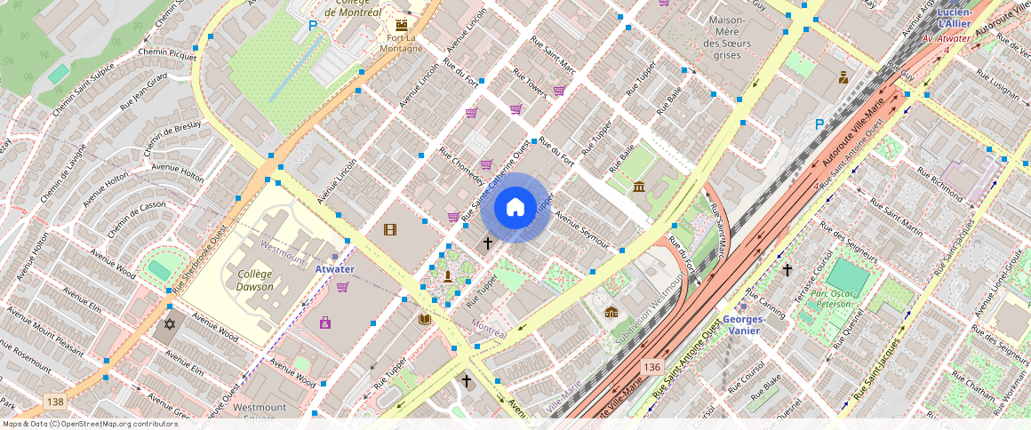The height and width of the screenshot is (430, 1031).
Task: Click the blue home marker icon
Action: pos(515,208)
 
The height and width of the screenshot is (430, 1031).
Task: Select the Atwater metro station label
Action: pos(334,269)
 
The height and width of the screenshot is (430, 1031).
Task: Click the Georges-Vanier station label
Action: pos(744,324)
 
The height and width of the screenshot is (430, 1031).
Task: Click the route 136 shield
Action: pos(652,366)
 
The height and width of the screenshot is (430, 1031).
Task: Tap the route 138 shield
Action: pos(55,402)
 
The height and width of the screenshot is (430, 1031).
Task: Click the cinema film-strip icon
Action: pos(389,229)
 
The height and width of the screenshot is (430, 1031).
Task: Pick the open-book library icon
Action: pos(425,318)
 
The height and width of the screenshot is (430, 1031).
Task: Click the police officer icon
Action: pos(843,77)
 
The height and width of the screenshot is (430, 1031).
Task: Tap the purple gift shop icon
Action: pos(325,322)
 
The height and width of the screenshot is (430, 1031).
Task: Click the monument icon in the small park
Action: pos(447,276)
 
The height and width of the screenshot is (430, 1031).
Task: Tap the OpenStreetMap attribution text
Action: pos(89,424)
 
